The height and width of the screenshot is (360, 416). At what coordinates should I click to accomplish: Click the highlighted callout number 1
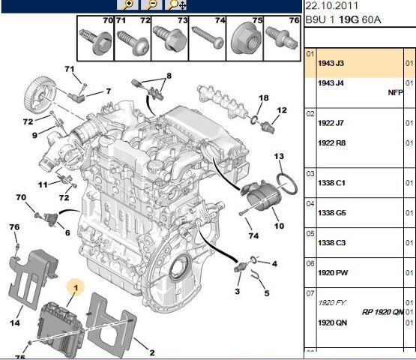click(x=76, y=288)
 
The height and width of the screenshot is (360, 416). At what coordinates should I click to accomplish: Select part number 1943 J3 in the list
click(x=331, y=63)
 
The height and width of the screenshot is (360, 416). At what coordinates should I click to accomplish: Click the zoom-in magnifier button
click(x=127, y=4)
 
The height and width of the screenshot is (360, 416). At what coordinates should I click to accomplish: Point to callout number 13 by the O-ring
click(x=279, y=156)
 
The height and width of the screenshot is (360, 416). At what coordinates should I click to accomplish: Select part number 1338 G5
click(x=331, y=213)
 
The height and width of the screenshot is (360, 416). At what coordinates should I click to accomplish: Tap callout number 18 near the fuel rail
click(x=263, y=98)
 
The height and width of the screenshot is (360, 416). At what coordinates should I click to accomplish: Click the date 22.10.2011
click(x=331, y=5)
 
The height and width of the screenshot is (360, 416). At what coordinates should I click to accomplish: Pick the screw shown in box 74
click(x=208, y=37)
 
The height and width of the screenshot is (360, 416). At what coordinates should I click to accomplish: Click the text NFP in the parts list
click(x=395, y=92)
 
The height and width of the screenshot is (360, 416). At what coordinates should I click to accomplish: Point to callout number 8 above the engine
click(x=169, y=76)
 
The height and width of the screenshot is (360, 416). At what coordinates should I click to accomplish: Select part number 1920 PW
click(x=333, y=273)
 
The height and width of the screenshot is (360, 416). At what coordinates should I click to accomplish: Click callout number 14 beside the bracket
click(x=15, y=322)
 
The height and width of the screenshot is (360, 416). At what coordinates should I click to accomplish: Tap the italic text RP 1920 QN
click(x=382, y=312)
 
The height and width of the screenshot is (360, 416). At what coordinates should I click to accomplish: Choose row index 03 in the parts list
click(x=310, y=174)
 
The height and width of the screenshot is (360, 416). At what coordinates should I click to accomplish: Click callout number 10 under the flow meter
click(x=279, y=226)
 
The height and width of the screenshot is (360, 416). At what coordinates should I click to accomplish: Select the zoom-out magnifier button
click(x=151, y=4)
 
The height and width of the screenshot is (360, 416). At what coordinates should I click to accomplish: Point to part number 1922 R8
click(x=331, y=143)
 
